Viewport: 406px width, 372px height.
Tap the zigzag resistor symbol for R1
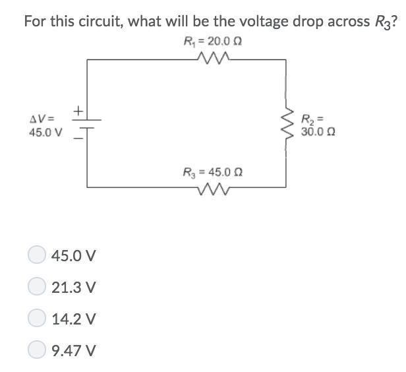212,59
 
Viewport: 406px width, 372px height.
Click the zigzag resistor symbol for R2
286,125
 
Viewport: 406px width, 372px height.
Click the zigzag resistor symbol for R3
212,191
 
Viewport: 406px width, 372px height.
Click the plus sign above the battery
77,111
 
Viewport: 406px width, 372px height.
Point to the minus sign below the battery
76,138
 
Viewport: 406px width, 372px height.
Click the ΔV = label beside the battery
42,119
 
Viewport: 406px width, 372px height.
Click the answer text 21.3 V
74,287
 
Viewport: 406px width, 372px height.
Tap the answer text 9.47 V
74,350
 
